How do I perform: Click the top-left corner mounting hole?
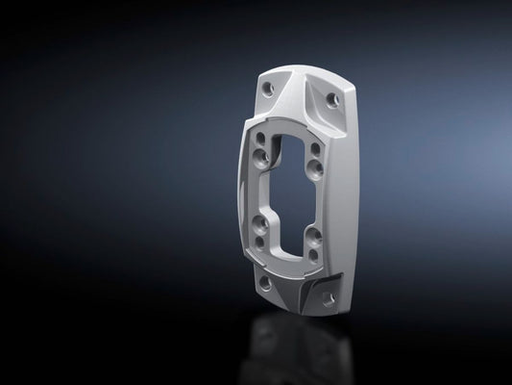[x=267, y=88]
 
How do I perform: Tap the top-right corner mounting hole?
[x=333, y=100]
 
